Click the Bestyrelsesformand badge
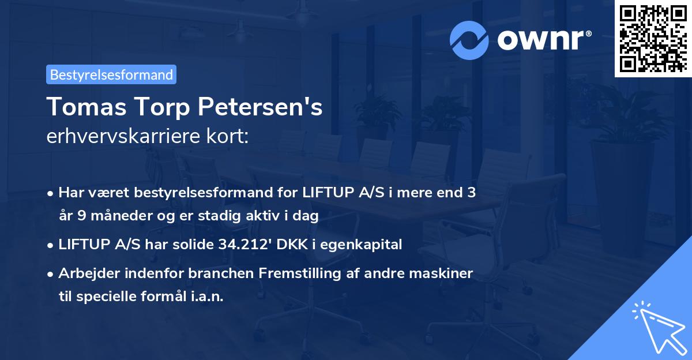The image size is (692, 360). tap(111, 74)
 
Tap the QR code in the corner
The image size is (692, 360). tap(653, 38)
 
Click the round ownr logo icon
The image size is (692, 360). tap(469, 39)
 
